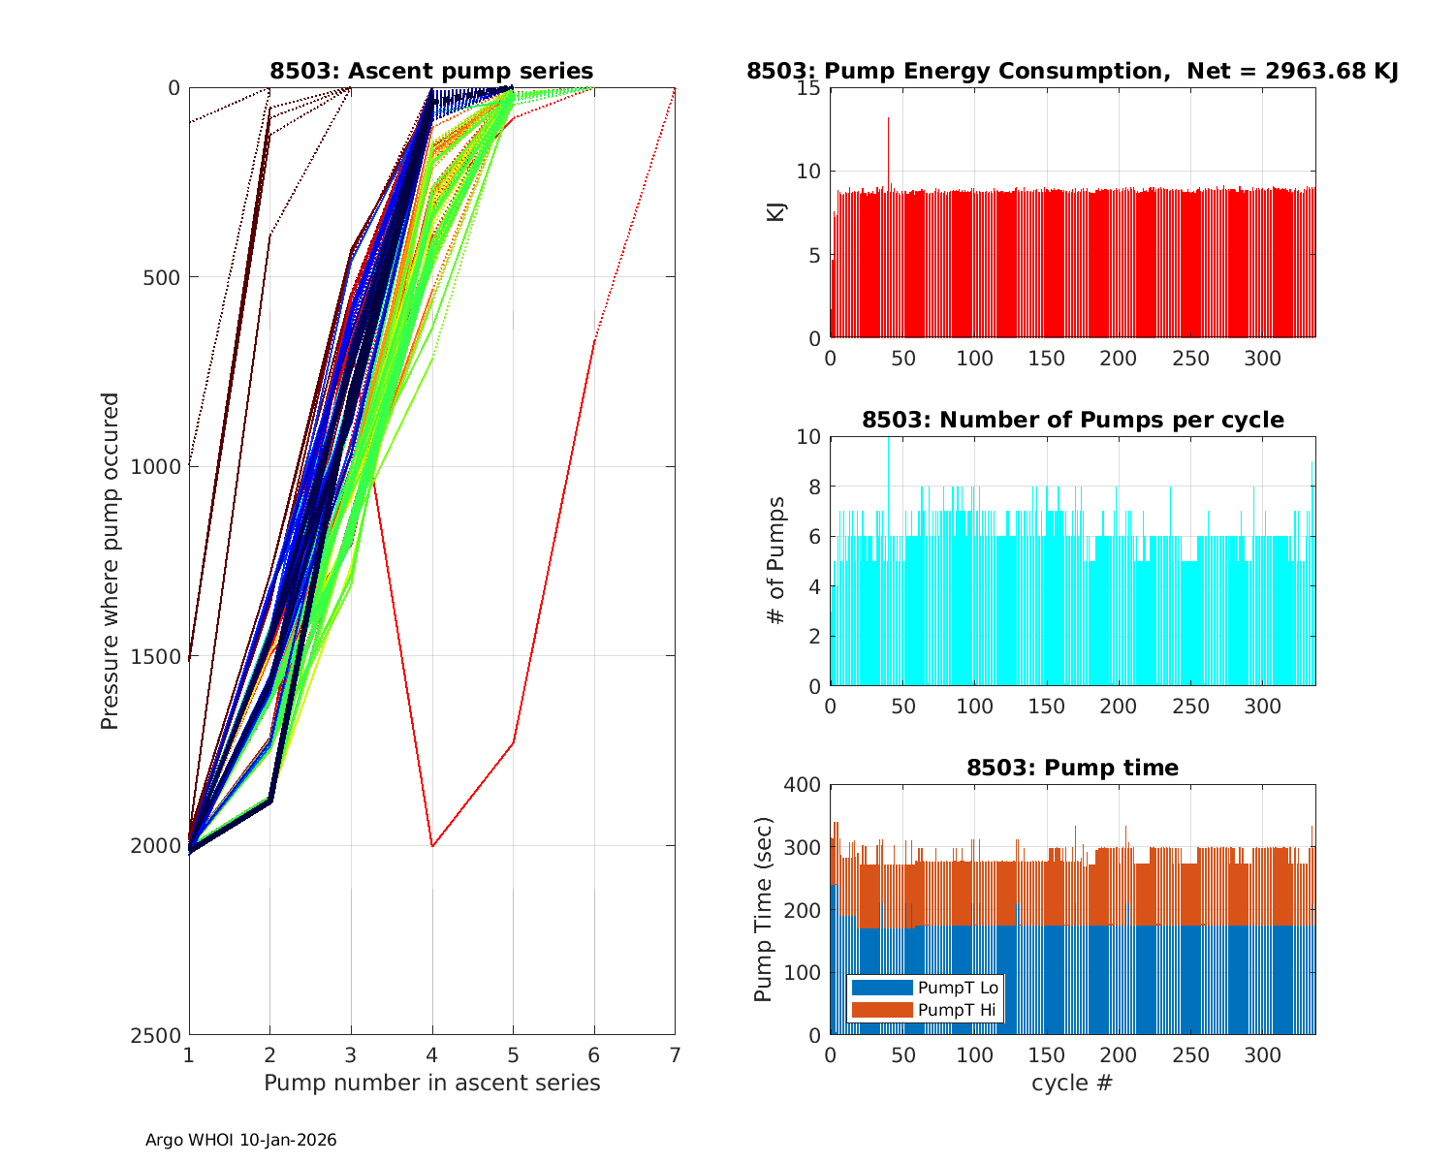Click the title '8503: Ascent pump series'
[x=431, y=71]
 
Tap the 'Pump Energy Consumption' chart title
[x=1071, y=71]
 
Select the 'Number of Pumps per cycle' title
[x=1072, y=420]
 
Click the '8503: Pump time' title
[x=1072, y=768]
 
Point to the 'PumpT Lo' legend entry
[x=958, y=988]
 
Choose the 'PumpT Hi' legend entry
[x=956, y=1010]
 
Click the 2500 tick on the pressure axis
[x=161, y=1035]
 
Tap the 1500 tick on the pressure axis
[x=161, y=656]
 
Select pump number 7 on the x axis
[x=675, y=1054]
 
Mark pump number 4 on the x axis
[x=432, y=1054]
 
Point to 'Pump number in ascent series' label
[x=431, y=1083]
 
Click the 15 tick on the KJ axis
[x=809, y=88]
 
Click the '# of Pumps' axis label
[x=776, y=560]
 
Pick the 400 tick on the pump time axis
[x=802, y=784]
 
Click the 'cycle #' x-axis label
[x=1072, y=1083]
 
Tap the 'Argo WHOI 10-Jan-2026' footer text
[x=240, y=1140]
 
